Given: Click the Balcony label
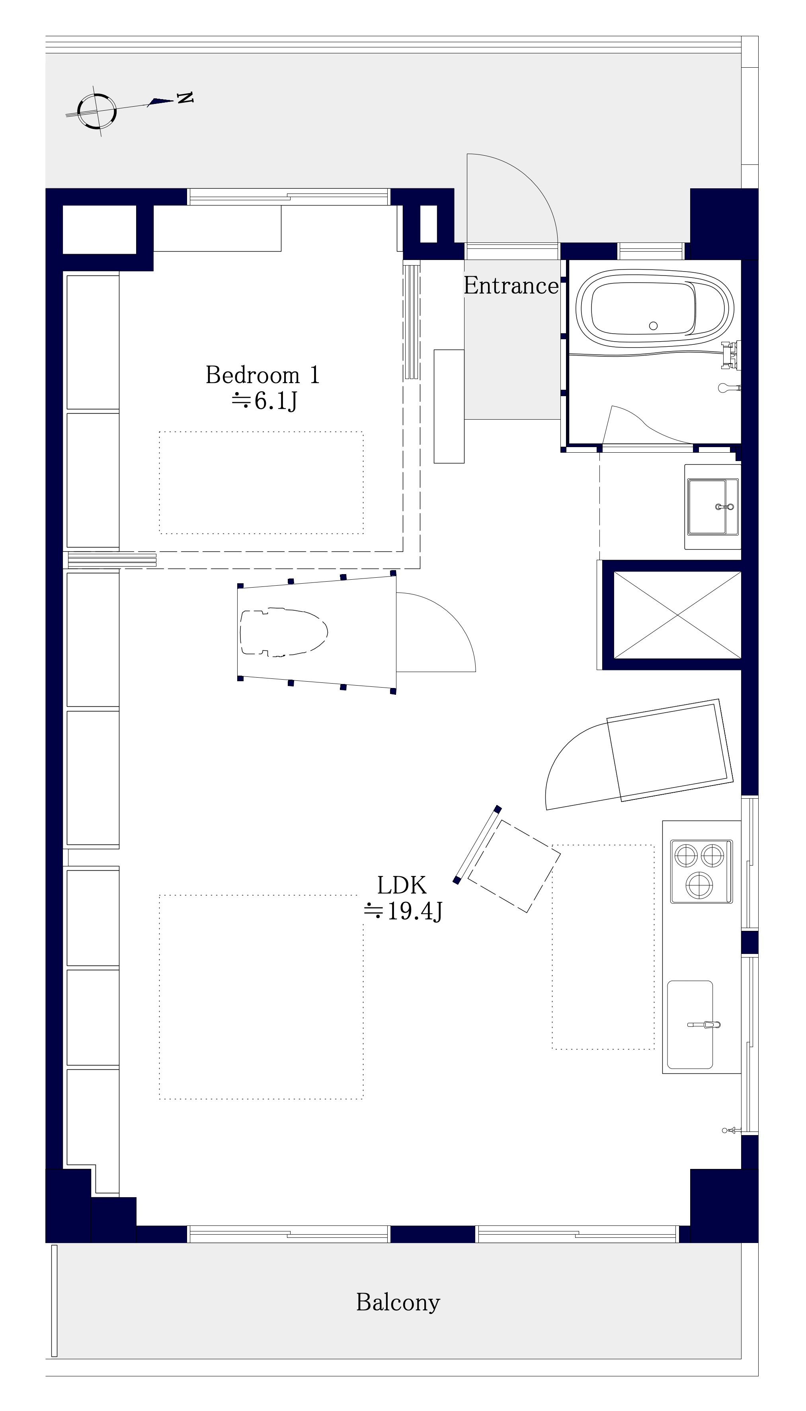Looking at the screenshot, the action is pos(398,1302).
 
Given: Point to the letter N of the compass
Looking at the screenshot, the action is pos(185,98).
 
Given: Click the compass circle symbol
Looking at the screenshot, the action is pos(97,111).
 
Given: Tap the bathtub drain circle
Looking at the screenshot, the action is pos(653,326).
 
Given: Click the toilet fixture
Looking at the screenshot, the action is pos(283,632).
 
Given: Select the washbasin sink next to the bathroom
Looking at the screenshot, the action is pos(712,506).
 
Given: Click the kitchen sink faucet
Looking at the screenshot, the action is pos(705,1025).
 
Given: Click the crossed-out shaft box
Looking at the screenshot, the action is pos(677,615).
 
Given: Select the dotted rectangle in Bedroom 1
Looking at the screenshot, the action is pos(261,483).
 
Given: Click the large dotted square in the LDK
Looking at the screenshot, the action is pos(261,997).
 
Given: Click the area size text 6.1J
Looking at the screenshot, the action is pos(265,400).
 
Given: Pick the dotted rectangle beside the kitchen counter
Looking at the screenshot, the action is pos(603,946).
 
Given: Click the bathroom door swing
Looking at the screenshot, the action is pos(642,424).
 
